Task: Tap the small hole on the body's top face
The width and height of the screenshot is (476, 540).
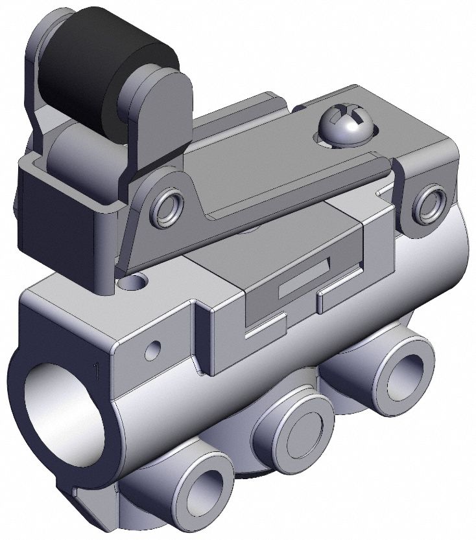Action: tap(137, 282)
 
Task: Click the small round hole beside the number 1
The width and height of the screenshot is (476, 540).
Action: tap(153, 350)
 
